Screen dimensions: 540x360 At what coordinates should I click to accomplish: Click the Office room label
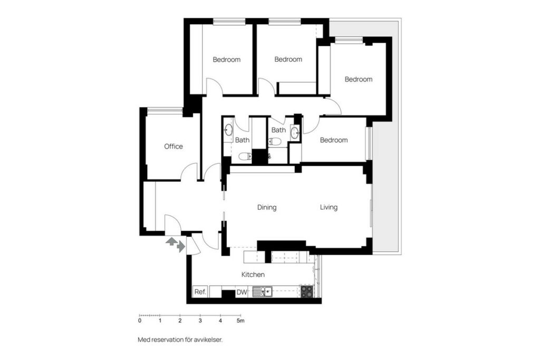173,147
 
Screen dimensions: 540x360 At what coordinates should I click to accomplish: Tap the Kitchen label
253,275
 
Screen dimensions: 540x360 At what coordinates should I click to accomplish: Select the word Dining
267,207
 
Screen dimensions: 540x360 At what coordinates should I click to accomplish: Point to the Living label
329,207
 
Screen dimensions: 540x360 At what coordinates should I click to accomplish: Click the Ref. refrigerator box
200,292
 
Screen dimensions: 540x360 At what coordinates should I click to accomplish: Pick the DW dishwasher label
242,292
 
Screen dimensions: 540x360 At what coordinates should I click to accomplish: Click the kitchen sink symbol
263,292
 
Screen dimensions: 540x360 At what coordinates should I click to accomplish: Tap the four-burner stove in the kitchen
307,291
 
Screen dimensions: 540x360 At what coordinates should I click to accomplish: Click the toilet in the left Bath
245,157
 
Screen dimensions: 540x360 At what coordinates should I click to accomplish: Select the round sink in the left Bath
228,130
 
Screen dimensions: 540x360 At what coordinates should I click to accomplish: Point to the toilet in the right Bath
275,141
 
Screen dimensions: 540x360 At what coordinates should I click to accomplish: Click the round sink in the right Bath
294,132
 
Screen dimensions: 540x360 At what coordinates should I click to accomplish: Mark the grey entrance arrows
175,244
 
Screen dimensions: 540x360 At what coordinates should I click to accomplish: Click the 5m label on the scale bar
240,321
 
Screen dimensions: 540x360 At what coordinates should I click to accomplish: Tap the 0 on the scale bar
139,321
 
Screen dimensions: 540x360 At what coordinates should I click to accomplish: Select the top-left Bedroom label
227,60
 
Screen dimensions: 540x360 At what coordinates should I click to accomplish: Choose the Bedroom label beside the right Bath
334,140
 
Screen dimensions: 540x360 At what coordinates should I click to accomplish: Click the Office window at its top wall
165,110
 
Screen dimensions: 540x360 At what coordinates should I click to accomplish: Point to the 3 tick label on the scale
200,321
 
